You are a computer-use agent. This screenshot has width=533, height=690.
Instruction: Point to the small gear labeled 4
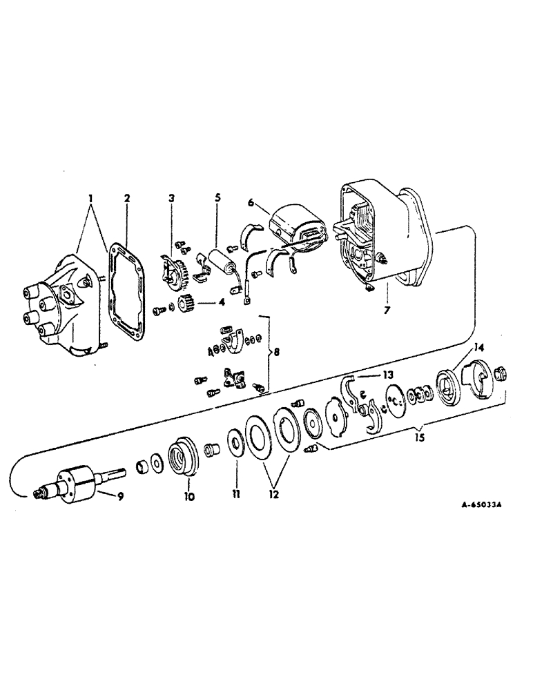point(185,304)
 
